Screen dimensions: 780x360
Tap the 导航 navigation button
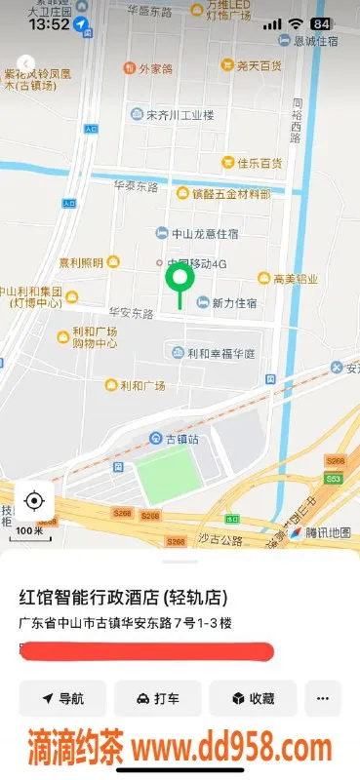pyautogui.click(x=61, y=698)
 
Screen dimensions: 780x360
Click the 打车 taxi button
pyautogui.click(x=157, y=698)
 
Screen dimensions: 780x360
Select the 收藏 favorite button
pyautogui.click(x=252, y=698)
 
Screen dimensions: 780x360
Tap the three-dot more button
pyautogui.click(x=323, y=698)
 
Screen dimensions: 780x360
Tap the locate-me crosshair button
pyautogui.click(x=34, y=501)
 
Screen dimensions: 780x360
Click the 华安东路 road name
pyautogui.click(x=132, y=314)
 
